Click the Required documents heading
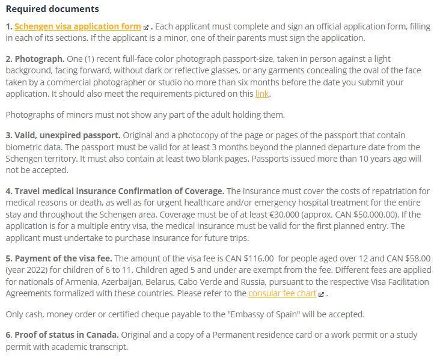(52, 9)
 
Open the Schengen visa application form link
(78, 26)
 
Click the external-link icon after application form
(146, 28)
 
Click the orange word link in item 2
(262, 94)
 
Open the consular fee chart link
(282, 293)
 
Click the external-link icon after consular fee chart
(322, 294)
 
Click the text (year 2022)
(27, 270)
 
